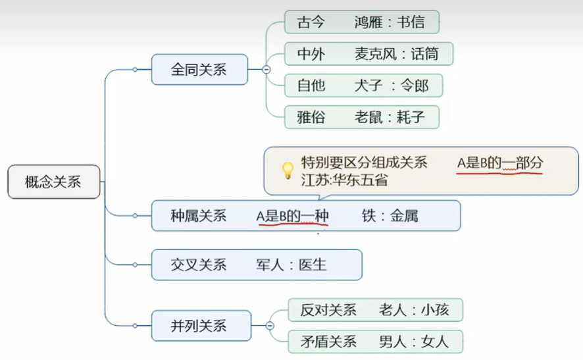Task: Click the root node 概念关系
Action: [53, 182]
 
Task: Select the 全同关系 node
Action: [199, 69]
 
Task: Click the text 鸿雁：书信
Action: [389, 22]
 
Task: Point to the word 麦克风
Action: [374, 53]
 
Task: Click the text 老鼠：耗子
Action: [390, 118]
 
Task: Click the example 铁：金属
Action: [390, 216]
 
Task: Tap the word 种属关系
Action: [198, 216]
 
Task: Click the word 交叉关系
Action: [198, 265]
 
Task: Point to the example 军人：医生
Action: [291, 265]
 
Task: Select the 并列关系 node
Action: [199, 325]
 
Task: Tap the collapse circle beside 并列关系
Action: [270, 325]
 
